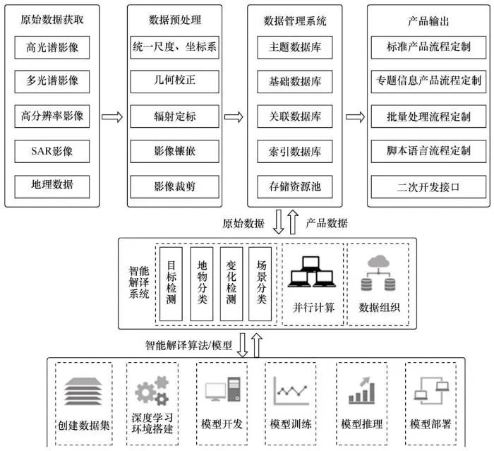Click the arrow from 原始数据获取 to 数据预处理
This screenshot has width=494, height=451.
(112, 116)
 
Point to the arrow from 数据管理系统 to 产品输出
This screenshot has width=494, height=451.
(354, 116)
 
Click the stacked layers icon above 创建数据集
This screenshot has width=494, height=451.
(83, 392)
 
